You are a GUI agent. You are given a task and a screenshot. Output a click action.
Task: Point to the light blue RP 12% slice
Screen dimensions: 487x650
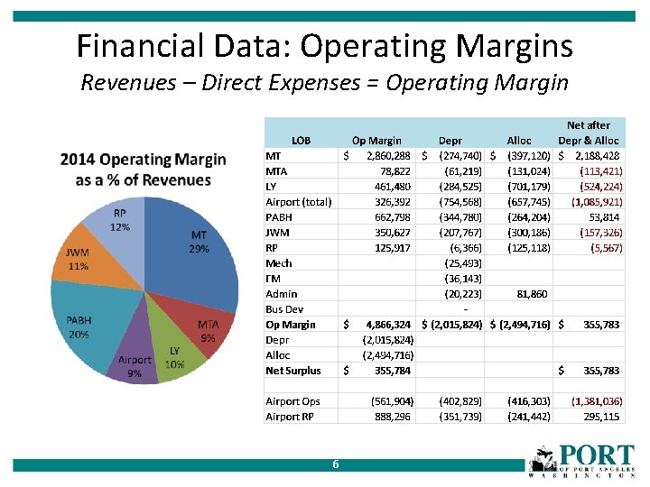117,225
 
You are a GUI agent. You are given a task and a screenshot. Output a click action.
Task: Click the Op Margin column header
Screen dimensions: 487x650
376,141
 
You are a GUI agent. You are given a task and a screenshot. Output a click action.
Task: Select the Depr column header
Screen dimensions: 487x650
450,141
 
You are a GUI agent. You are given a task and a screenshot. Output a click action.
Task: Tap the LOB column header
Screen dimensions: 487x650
302,141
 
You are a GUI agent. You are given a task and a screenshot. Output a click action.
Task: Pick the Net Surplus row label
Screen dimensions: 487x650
292,371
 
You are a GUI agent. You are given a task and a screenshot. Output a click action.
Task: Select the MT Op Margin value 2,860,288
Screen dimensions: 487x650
389,156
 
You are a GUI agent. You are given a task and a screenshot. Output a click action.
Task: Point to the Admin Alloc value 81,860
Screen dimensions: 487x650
531,294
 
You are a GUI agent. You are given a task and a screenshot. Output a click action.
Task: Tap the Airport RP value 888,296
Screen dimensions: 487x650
393,417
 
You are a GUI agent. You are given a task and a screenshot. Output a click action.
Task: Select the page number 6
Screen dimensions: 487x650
335,464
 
